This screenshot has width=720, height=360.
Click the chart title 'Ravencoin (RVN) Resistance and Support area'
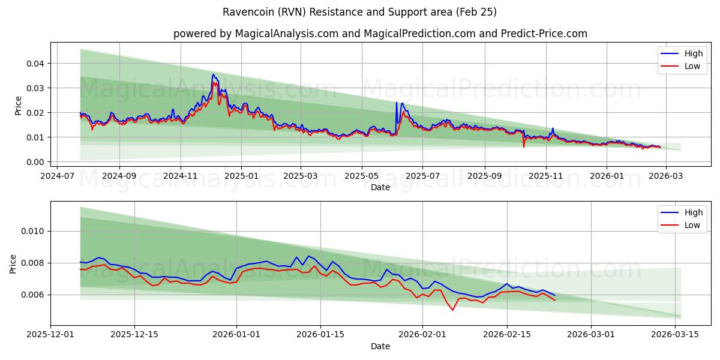coord(359,12)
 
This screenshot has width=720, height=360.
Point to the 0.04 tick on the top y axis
coord(37,64)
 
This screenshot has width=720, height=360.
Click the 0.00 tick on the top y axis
coord(37,162)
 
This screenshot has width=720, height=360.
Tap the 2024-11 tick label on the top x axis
coord(181,176)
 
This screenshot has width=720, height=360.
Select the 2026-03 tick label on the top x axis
coord(666,176)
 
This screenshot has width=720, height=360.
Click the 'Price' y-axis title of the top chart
coord(18,106)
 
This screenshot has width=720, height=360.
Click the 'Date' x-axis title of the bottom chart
coord(380,346)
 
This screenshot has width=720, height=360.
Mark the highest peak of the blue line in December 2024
coord(213,74)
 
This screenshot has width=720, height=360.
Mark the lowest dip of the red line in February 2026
coord(453,310)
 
